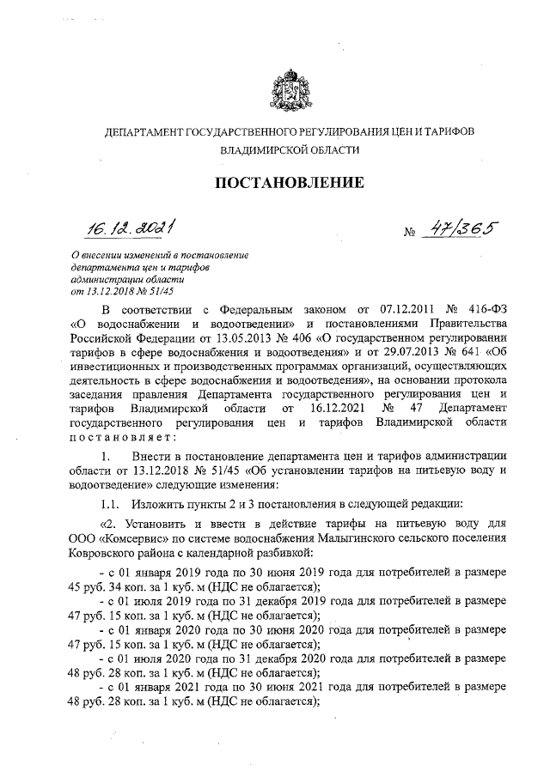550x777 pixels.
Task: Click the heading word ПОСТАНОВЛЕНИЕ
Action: click(x=288, y=182)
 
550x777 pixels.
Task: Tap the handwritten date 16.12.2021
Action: click(x=134, y=227)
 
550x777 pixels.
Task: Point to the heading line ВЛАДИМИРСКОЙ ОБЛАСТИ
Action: click(x=288, y=149)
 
